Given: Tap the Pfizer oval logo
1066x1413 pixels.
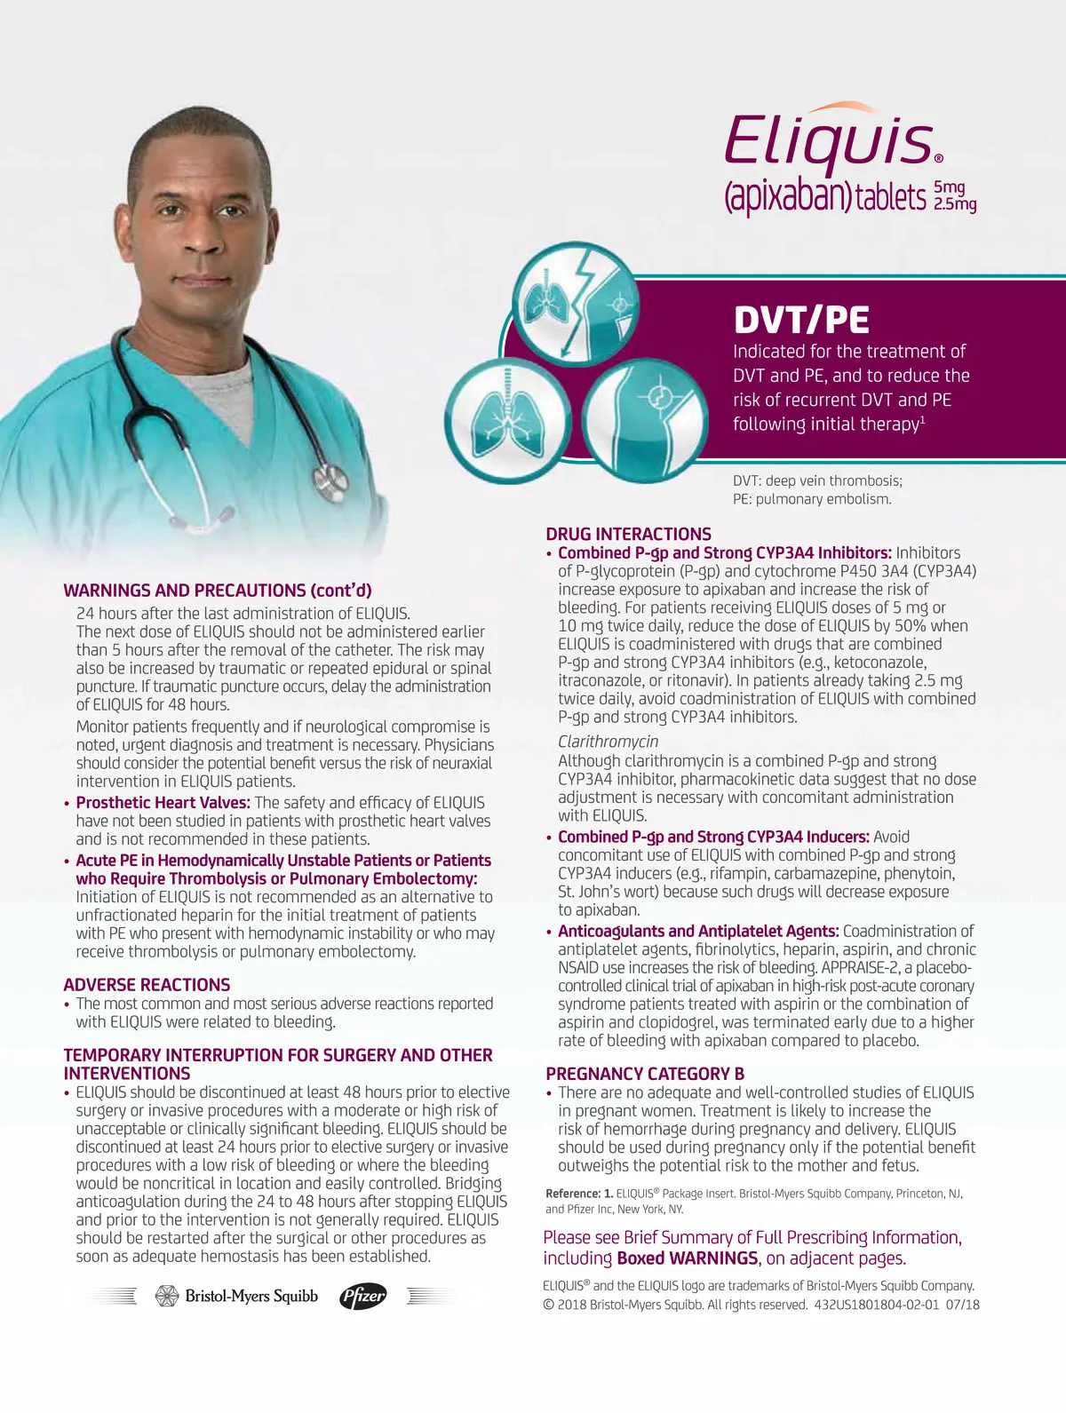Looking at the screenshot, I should click(x=363, y=1297).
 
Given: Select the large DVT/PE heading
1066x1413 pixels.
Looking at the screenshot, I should click(x=801, y=321).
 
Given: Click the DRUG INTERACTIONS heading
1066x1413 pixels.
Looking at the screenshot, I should click(x=628, y=534).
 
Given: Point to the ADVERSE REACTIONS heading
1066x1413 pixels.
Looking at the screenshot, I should click(x=147, y=984).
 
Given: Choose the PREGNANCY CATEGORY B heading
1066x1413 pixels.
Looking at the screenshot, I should click(x=645, y=1074).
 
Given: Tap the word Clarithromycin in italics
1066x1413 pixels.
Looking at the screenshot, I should click(x=609, y=742).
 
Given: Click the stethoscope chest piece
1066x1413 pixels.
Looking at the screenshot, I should click(x=334, y=480).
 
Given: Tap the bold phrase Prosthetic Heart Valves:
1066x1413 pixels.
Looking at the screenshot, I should click(x=163, y=803).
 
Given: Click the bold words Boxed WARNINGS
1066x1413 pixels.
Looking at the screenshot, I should click(x=688, y=1258).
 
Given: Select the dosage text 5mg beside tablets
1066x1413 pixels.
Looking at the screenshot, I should click(x=949, y=187).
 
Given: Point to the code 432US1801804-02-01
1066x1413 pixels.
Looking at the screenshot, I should click(x=876, y=1305).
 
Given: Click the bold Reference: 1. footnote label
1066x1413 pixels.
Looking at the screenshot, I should click(x=579, y=1194).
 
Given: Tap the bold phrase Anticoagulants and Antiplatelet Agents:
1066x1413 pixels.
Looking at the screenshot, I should click(x=698, y=931).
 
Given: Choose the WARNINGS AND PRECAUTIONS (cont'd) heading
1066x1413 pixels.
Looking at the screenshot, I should click(x=218, y=591).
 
